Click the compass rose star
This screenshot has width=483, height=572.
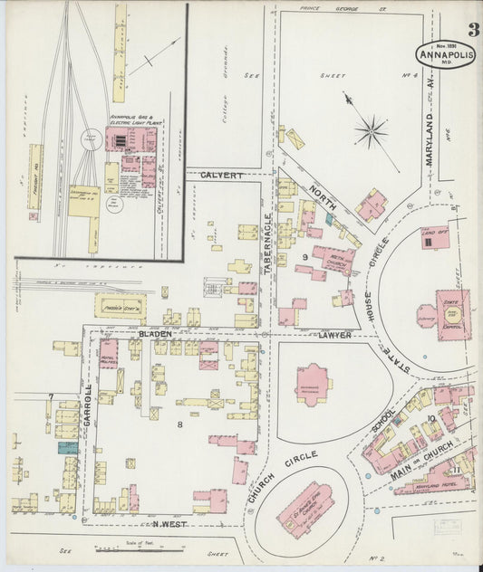click(371, 133)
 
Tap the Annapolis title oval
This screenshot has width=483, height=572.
click(444, 53)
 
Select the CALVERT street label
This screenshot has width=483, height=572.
click(223, 175)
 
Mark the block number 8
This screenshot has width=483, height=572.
click(180, 424)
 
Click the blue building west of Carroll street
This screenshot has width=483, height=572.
click(67, 446)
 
